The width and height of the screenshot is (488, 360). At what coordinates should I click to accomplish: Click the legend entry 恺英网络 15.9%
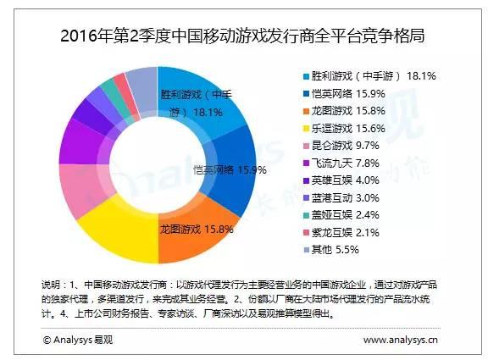[357, 94]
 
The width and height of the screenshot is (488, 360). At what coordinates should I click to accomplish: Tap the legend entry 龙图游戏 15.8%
[357, 111]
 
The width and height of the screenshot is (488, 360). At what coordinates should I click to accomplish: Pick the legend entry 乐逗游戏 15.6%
[357, 128]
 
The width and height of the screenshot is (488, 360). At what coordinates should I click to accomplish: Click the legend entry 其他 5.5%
[343, 251]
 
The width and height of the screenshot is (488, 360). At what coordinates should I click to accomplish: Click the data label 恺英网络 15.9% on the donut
[230, 169]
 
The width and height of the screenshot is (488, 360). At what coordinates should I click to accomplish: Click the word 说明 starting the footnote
[51, 281]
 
